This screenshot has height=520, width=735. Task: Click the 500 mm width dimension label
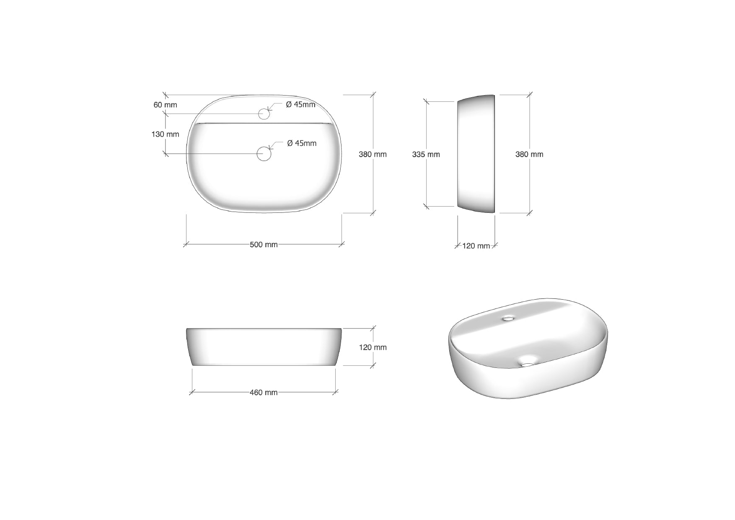[264, 245]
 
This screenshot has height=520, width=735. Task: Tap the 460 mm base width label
[264, 393]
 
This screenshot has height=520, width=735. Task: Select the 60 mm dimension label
[165, 105]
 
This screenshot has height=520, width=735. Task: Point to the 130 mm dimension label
[165, 134]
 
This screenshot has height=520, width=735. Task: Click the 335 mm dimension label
[426, 154]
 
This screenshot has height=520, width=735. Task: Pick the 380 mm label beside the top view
[373, 154]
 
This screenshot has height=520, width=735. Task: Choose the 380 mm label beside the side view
[529, 154]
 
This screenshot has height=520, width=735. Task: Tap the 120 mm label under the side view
[476, 246]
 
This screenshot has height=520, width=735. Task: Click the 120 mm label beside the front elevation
[373, 347]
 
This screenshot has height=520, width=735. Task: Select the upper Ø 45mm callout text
[301, 104]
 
